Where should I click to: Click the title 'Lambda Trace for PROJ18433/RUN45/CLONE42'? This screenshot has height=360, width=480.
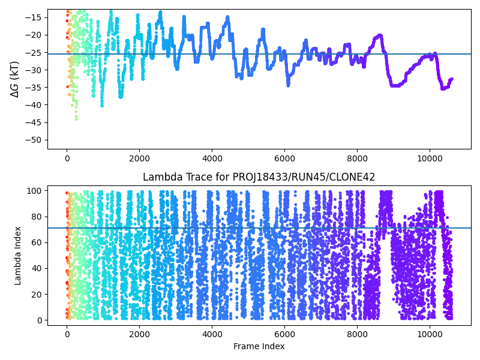click(259, 178)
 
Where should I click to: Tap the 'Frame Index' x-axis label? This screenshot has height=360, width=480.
click(259, 346)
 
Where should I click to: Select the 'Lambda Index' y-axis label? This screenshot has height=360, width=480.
click(18, 256)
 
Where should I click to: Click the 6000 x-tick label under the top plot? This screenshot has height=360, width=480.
click(284, 159)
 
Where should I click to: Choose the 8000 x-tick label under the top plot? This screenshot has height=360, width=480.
click(357, 159)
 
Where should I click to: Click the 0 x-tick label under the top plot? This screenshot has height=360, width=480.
click(67, 159)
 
